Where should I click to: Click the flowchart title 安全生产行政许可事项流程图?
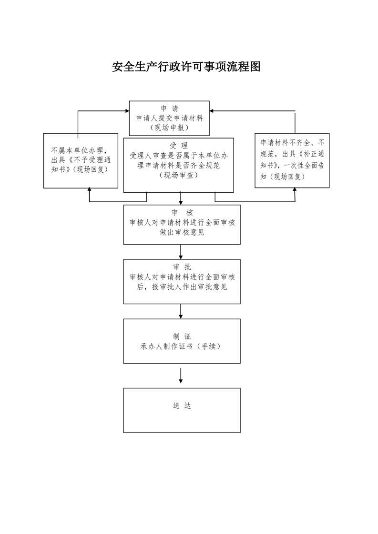[x=186, y=67]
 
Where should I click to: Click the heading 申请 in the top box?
[x=170, y=109]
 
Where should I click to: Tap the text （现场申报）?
[x=170, y=128]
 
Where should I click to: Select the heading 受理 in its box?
[x=179, y=146]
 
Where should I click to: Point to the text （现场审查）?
[x=179, y=175]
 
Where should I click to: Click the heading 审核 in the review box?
[x=182, y=213]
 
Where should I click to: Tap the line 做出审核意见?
[x=182, y=232]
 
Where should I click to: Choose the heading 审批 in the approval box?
[x=182, y=267]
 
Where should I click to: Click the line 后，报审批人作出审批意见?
[x=182, y=287]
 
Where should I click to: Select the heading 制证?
[x=182, y=337]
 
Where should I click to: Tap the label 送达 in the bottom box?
[x=182, y=405]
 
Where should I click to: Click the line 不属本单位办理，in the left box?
[x=80, y=150]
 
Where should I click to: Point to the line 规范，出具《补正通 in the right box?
[x=292, y=154]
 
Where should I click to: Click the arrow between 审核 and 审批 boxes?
[x=181, y=252]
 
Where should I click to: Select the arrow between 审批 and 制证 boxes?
[x=181, y=312]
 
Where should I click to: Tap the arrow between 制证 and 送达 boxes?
[x=181, y=376]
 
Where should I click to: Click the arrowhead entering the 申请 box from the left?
[x=127, y=111]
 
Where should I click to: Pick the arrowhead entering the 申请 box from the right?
[x=212, y=111]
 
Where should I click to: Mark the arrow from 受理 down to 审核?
[x=181, y=198]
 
